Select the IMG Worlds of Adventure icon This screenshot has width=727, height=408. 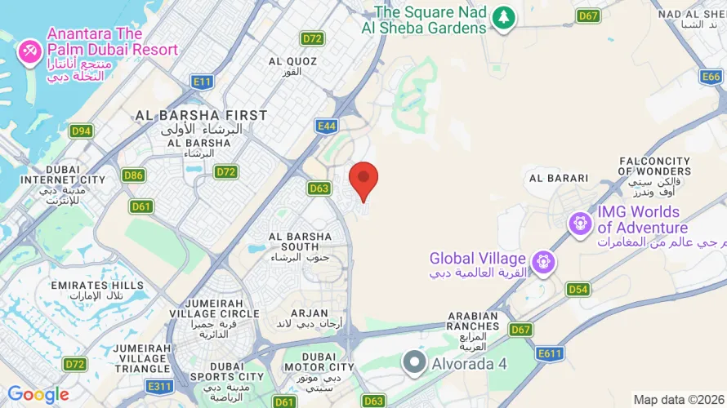[580, 221]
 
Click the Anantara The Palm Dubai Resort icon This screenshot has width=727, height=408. [29, 51]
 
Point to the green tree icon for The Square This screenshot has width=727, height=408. [504, 17]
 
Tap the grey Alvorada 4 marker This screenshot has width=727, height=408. [416, 362]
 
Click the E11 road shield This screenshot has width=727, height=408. [203, 82]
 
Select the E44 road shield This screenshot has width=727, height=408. [327, 126]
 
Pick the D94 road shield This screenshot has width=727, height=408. [81, 131]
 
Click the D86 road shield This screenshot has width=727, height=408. [134, 175]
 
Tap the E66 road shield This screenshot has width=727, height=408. [711, 77]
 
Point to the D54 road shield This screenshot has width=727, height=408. [578, 290]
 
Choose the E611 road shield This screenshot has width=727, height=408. [551, 353]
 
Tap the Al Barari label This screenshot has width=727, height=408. [559, 178]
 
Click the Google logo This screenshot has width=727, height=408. [38, 395]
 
